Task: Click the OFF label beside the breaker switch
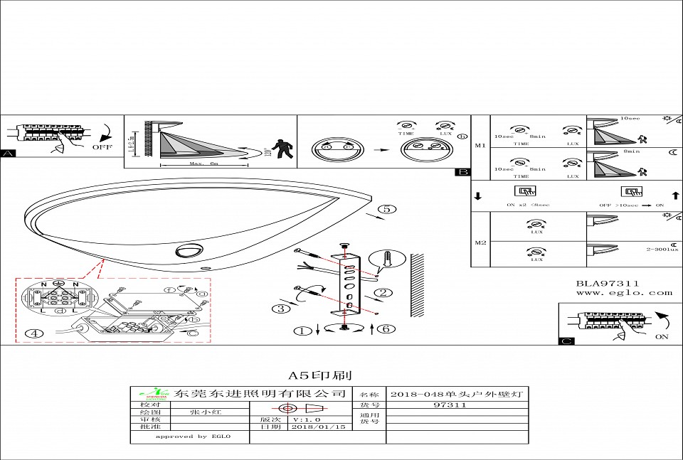coord(102,147)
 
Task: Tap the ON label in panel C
coord(662,336)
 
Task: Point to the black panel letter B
coord(463,171)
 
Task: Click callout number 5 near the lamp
coord(386,209)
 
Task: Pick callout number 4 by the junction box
coord(33,333)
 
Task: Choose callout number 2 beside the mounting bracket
coord(383,292)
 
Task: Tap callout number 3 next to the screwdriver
coord(282,309)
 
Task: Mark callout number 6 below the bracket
coord(383,329)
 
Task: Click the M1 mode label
coord(480,145)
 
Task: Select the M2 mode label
coord(480,242)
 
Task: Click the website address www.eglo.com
coord(623,292)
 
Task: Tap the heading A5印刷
coord(319,375)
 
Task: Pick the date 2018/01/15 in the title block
coord(318,427)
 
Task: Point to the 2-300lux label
coord(662,250)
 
